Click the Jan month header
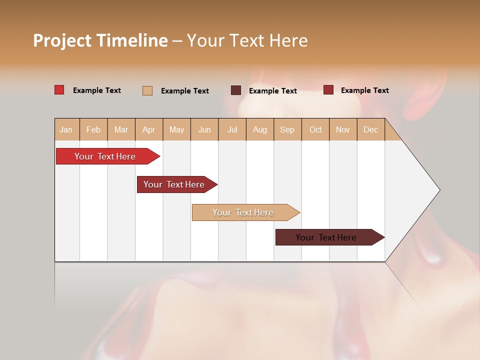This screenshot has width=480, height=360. tap(66, 129)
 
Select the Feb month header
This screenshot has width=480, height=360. tap(93, 129)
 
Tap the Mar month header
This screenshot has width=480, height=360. tap(121, 129)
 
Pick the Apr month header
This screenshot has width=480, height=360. tap(149, 129)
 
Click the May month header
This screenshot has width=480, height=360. tap(176, 129)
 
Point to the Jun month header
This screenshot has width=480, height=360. tap(204, 129)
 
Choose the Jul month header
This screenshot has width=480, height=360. tap(232, 129)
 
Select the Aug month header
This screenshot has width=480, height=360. tap(260, 129)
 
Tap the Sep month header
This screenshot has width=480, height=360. tap(287, 129)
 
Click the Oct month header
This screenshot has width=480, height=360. tap(315, 129)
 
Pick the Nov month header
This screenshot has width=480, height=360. tap(343, 129)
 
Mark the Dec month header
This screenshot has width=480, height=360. tap(371, 129)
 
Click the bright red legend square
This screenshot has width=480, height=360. tap(59, 90)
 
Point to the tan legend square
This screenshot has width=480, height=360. tap(147, 90)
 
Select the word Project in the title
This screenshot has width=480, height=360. tap(62, 40)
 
